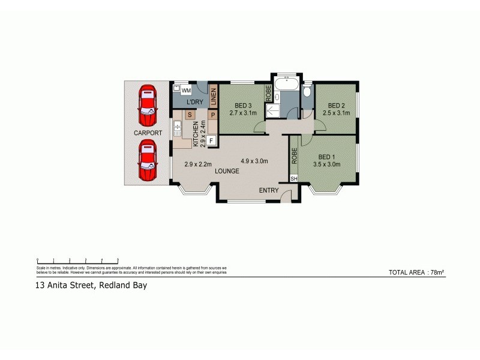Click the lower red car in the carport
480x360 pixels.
click(x=148, y=160)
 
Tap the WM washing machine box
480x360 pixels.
click(x=186, y=90)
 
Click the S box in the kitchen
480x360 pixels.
click(x=190, y=114)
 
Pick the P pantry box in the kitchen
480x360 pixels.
click(x=212, y=114)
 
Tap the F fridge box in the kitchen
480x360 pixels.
click(x=212, y=142)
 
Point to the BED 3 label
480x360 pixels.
click(x=240, y=104)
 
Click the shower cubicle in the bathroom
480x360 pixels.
click(x=273, y=110)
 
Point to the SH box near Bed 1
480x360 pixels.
click(x=294, y=179)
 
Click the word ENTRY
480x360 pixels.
click(x=269, y=190)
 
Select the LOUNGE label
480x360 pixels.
click(x=227, y=171)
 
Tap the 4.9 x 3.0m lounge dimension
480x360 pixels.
click(x=254, y=161)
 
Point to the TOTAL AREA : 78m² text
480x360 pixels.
click(x=416, y=272)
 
